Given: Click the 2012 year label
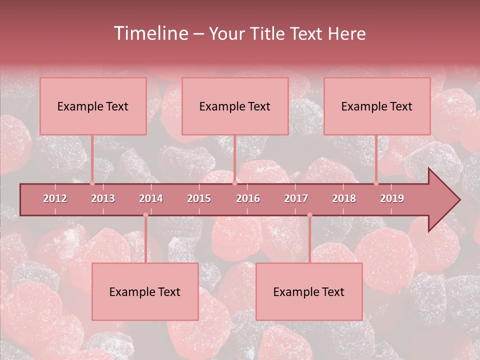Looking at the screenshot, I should tap(55, 198).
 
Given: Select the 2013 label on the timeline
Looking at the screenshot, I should tap(103, 198).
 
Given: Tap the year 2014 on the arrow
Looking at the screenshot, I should tap(151, 198).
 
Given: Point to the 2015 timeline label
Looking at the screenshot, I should tap(199, 198).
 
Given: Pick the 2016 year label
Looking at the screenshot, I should tap(248, 198).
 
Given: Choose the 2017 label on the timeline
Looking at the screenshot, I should tap(296, 198).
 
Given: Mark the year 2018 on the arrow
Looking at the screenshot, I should tap(344, 198).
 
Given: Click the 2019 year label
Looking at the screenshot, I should tap(392, 198).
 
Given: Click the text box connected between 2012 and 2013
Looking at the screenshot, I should tap(93, 106).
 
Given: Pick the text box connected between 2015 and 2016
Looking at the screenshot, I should tap(235, 106).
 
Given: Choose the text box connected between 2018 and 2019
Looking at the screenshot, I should tap(377, 106).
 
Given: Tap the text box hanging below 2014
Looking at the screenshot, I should tap(145, 291).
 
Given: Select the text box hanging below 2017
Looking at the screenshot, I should tap(309, 291).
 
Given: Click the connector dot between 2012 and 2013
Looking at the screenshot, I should tap(92, 183).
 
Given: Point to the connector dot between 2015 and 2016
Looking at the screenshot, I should tap(234, 183).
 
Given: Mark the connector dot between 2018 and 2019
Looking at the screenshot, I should tap(376, 183).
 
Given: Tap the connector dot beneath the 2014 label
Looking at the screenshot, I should tap(145, 215).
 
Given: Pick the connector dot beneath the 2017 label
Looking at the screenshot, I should tap(309, 215).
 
